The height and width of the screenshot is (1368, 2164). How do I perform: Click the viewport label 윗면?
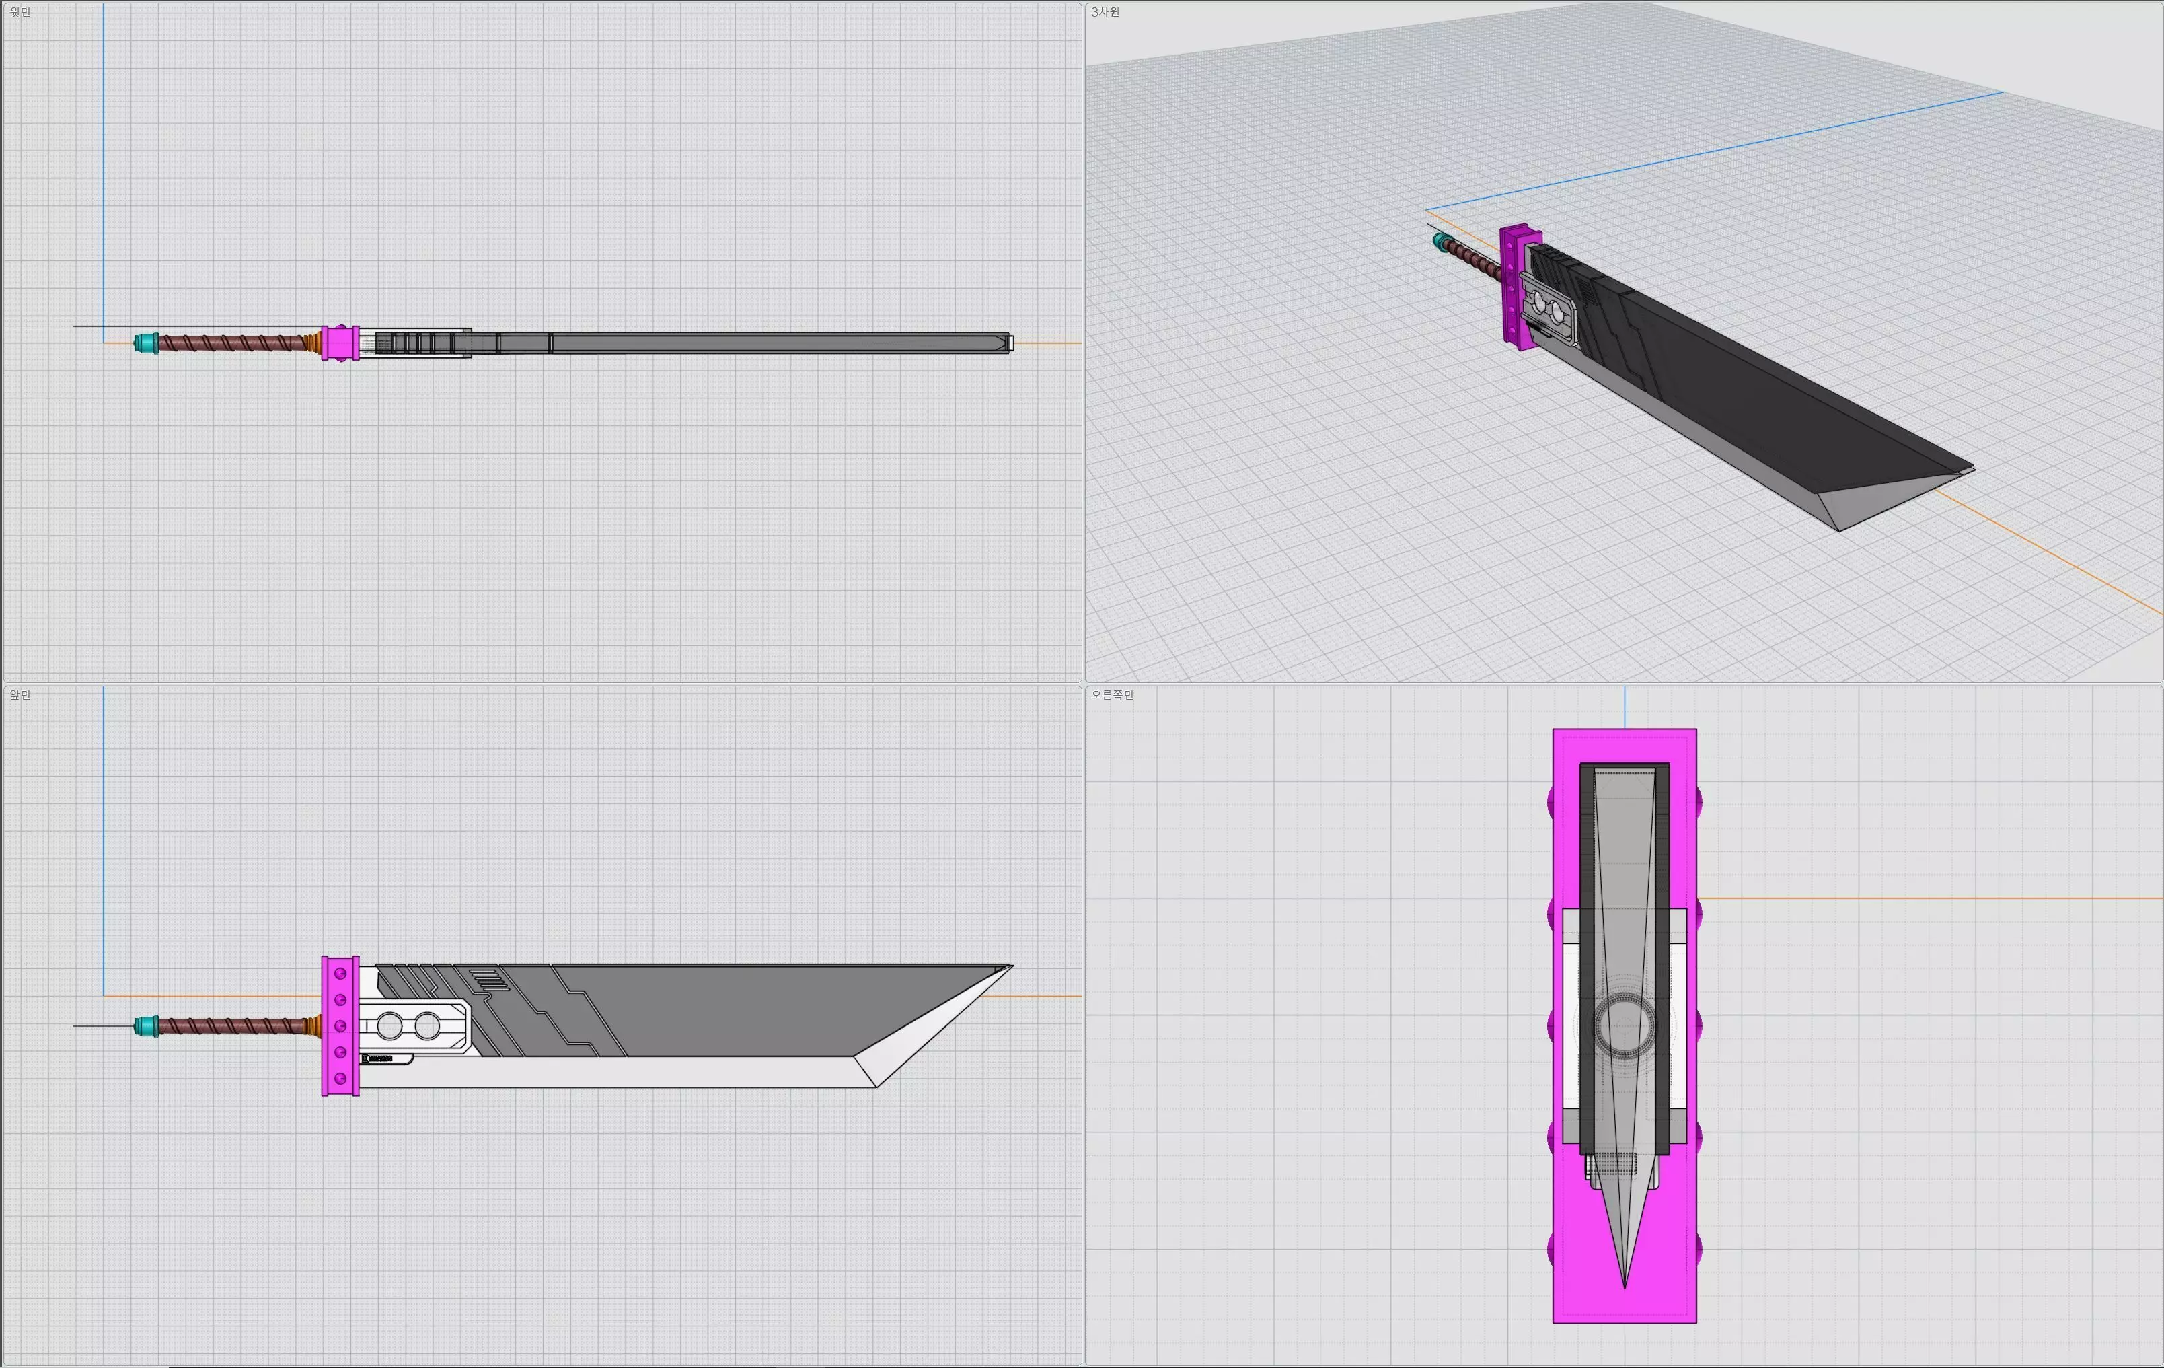point(20,11)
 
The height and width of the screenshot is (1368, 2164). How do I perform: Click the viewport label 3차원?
point(1105,11)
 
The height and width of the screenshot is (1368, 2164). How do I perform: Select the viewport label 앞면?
point(20,695)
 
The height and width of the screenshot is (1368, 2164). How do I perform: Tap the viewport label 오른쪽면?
point(1112,695)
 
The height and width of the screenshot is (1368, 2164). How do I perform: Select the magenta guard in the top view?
point(340,343)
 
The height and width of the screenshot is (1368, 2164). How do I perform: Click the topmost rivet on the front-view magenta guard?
point(340,974)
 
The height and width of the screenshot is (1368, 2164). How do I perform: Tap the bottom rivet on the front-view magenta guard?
point(340,1078)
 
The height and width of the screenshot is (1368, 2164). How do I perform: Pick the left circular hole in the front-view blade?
point(389,1025)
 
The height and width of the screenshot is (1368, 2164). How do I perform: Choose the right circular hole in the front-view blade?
point(427,1025)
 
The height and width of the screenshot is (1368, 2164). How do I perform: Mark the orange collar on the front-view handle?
point(315,1025)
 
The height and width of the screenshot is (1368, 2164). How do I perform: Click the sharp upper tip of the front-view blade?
point(1010,967)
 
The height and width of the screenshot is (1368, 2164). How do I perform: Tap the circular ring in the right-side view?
point(1624,1025)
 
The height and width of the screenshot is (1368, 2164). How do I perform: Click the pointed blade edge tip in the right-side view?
point(1625,1285)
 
